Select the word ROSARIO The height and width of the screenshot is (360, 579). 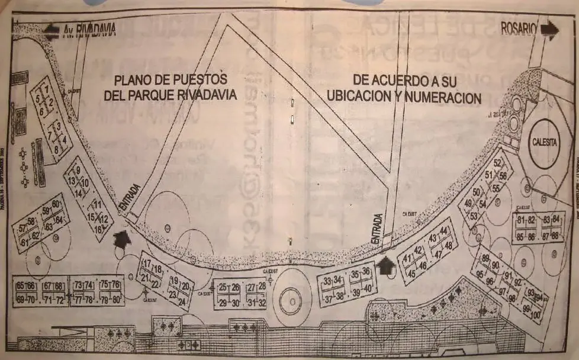(518, 28)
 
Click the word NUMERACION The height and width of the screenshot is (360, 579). (444, 98)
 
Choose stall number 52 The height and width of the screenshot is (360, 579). (497, 163)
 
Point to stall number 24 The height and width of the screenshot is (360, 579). (181, 300)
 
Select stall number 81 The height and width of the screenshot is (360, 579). (521, 221)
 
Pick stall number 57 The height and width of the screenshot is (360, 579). (24, 229)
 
